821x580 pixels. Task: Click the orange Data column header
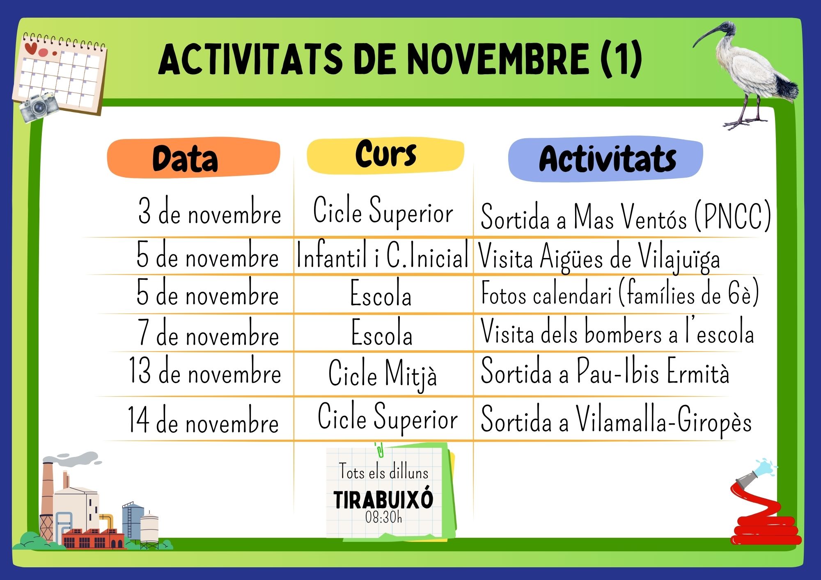(193, 158)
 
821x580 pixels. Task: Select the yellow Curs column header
(385, 155)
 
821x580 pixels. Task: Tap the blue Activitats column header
(606, 159)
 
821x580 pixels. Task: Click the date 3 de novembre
(209, 211)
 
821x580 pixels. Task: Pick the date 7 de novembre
(209, 333)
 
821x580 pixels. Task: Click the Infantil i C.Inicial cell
(382, 255)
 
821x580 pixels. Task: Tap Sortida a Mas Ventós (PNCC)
(626, 216)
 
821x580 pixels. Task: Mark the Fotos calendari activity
(620, 293)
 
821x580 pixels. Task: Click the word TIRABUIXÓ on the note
(383, 500)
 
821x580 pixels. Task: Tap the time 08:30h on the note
(383, 518)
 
